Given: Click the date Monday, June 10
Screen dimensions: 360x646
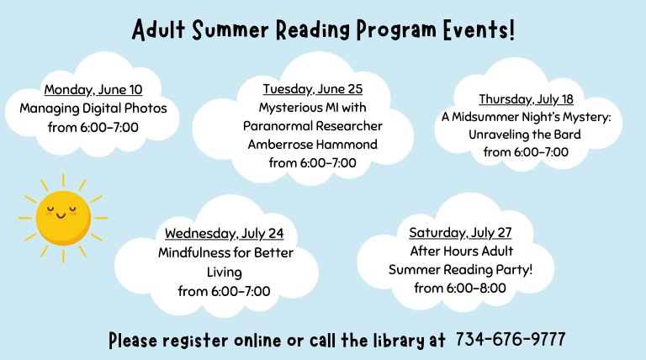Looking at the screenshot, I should pyautogui.click(x=93, y=89).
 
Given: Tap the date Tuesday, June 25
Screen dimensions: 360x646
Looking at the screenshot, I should pyautogui.click(x=313, y=89).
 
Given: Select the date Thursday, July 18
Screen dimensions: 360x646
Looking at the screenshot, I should pyautogui.click(x=526, y=99).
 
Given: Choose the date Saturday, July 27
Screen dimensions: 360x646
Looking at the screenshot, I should pyautogui.click(x=460, y=232).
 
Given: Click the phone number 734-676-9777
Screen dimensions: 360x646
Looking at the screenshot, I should pyautogui.click(x=511, y=340).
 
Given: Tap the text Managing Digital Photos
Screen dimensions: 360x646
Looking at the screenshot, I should pyautogui.click(x=93, y=109).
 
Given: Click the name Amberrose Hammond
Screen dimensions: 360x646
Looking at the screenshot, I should pyautogui.click(x=313, y=144).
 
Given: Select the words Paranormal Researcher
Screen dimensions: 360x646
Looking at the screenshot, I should pyautogui.click(x=313, y=126).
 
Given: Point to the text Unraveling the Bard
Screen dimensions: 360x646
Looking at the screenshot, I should pyautogui.click(x=526, y=135).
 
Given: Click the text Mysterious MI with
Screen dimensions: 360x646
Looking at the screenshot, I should pyautogui.click(x=313, y=108).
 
